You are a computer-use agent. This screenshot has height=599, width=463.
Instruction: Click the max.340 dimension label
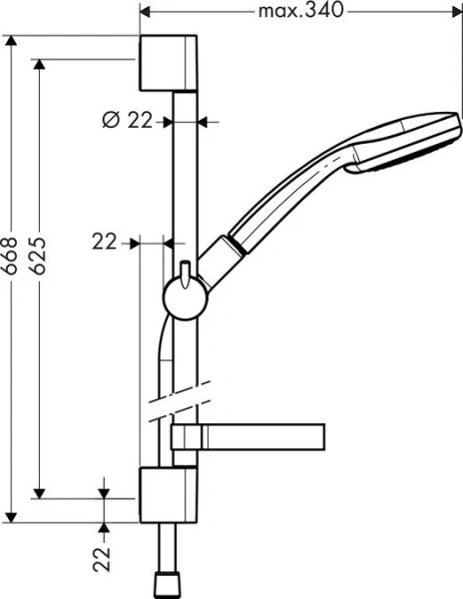click(x=300, y=12)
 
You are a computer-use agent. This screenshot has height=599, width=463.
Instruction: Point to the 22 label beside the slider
click(x=105, y=241)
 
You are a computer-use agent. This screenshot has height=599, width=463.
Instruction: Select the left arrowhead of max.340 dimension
click(x=143, y=12)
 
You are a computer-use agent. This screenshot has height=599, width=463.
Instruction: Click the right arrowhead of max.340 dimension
click(x=456, y=12)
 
